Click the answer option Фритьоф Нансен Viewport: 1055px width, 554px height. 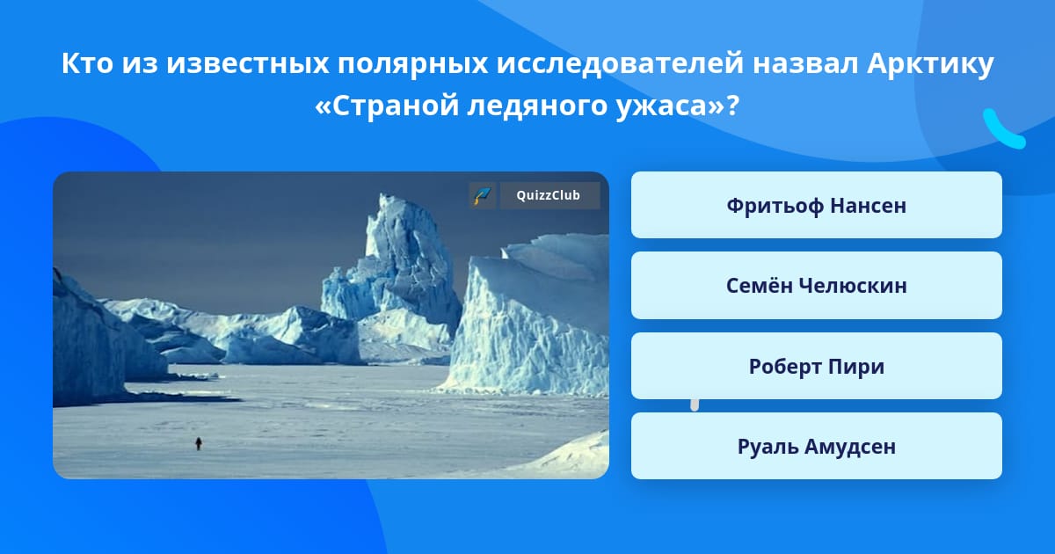[816, 205]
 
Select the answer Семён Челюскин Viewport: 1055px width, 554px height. [816, 286]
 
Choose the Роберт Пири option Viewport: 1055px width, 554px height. [816, 366]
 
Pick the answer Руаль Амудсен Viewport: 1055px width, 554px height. [816, 446]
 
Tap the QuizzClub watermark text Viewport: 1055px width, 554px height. [549, 195]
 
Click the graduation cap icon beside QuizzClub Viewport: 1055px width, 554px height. [483, 195]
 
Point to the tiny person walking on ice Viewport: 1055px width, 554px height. [199, 443]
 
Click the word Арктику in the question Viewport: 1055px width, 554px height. [930, 63]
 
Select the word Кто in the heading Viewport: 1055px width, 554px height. [88, 63]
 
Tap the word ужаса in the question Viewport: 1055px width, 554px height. [663, 106]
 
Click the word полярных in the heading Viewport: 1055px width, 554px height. [412, 64]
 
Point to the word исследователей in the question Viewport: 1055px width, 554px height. [620, 64]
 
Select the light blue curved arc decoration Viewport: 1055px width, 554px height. [1003, 129]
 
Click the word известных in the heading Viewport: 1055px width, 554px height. [247, 64]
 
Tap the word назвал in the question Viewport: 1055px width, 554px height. [805, 63]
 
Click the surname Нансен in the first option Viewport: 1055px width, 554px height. [868, 206]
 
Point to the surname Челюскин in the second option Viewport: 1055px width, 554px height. [853, 286]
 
